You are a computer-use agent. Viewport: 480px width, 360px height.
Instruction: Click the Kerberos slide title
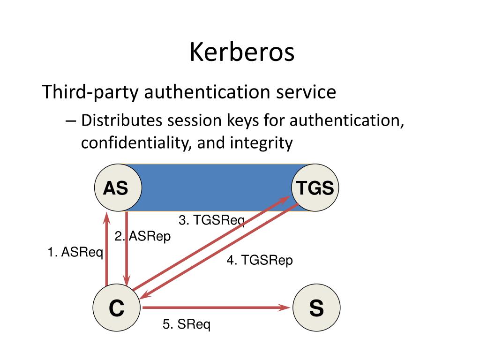pos(242,52)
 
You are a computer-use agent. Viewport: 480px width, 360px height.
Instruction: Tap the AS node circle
pos(116,188)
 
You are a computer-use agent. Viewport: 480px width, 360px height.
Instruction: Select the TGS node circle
pos(315,188)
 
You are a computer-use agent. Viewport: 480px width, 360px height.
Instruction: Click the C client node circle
pos(116,308)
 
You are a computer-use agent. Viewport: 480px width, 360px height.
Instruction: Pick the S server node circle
pos(316,308)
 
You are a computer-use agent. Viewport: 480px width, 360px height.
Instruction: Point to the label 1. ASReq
pos(75,252)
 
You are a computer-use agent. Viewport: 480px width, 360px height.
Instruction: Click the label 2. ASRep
pos(143,237)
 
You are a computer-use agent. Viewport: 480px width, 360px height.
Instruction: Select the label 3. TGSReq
pos(212,220)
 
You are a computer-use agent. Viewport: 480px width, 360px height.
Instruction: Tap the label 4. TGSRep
pos(260,260)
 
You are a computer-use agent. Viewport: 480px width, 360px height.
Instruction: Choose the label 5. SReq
pos(187,324)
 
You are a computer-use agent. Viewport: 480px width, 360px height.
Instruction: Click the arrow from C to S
pos(216,308)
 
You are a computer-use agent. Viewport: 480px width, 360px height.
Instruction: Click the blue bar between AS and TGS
pos(216,188)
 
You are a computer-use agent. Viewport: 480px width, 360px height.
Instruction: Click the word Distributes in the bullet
pos(121,120)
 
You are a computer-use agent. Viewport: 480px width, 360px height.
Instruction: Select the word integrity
pos(261,143)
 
